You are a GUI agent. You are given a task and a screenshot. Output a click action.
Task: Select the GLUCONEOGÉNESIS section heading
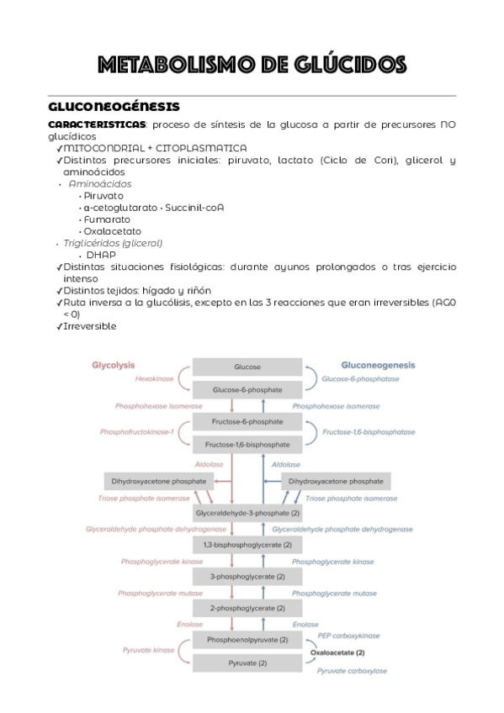[113, 108]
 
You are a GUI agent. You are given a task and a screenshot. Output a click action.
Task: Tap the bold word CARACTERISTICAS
[97, 124]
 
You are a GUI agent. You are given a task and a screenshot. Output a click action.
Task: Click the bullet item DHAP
[101, 255]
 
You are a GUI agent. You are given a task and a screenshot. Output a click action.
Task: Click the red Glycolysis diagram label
[113, 366]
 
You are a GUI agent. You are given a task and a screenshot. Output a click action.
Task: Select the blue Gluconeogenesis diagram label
[378, 366]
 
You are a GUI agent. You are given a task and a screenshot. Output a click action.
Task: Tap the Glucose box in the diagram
[247, 367]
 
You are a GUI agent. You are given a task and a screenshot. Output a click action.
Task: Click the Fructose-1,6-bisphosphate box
[247, 444]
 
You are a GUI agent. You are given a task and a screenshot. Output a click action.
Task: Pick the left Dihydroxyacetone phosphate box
[157, 482]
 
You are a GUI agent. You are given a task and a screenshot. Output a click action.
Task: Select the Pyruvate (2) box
[247, 663]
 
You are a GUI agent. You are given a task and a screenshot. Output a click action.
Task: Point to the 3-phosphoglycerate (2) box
[247, 577]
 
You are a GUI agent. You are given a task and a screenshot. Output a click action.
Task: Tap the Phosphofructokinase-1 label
[136, 432]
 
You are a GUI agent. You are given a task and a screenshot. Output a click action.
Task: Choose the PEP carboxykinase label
[348, 636]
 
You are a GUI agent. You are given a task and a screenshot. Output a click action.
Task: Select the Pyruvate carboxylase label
[352, 671]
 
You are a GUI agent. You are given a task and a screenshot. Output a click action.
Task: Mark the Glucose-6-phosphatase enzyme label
[360, 379]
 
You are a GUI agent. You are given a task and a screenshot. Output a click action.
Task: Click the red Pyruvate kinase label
[148, 650]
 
